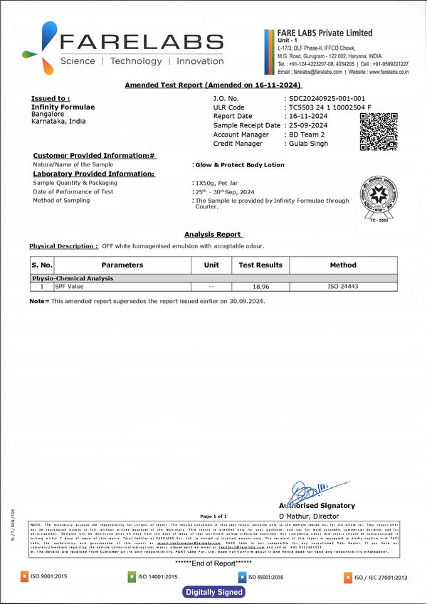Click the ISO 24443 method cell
click(x=342, y=287)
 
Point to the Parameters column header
click(x=122, y=265)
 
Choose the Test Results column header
click(x=260, y=265)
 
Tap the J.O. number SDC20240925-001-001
click(x=327, y=98)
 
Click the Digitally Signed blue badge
click(x=214, y=592)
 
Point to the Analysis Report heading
click(x=213, y=234)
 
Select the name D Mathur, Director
click(x=309, y=515)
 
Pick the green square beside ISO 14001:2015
click(x=132, y=576)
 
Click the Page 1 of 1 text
click(x=213, y=516)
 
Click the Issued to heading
click(x=51, y=98)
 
